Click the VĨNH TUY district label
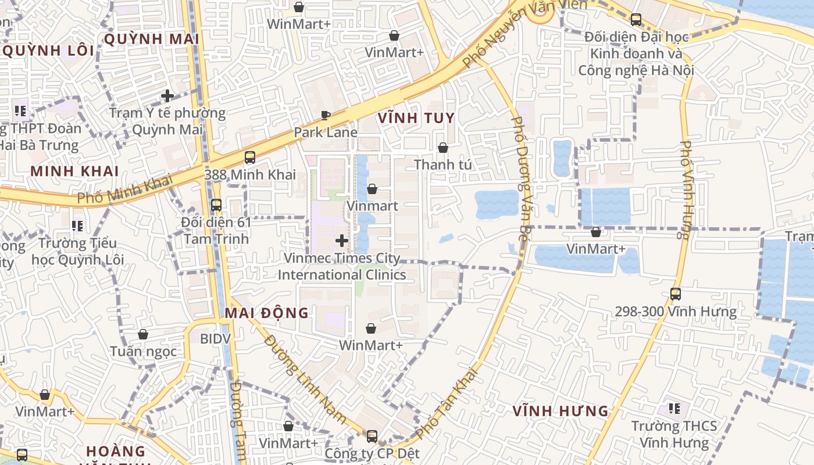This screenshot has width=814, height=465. (x=416, y=118)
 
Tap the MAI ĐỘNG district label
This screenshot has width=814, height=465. (x=267, y=313)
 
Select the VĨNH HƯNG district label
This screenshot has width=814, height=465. (x=560, y=411)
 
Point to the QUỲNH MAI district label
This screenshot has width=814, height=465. (x=151, y=39)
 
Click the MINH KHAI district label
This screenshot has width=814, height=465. (x=74, y=171)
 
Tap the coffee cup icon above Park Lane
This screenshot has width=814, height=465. (x=326, y=115)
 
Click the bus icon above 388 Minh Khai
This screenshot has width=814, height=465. (x=250, y=157)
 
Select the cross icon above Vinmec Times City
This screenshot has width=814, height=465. (x=342, y=240)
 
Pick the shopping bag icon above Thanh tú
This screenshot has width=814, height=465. (x=442, y=148)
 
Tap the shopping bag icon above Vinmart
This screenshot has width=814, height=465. (x=372, y=188)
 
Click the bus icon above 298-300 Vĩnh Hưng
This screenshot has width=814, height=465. (x=676, y=294)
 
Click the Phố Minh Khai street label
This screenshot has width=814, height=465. (x=126, y=189)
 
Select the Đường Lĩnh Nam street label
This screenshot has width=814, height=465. (x=305, y=378)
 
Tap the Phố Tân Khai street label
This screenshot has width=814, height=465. (x=447, y=403)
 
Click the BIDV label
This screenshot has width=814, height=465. (x=215, y=338)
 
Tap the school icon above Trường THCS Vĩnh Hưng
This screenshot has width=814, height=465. (x=674, y=409)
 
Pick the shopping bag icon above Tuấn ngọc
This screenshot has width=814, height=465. (x=143, y=334)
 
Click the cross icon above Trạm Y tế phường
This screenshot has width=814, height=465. (x=167, y=95)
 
